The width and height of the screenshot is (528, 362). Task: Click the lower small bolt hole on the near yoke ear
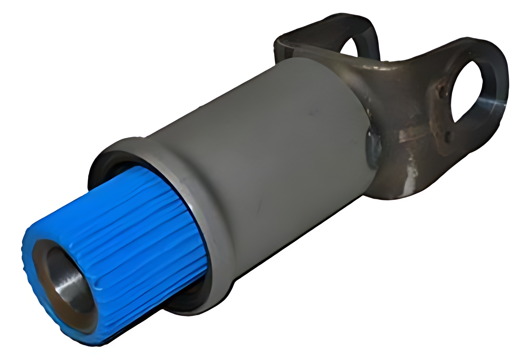[x=448, y=135]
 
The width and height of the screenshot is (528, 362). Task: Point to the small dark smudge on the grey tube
[x=312, y=113]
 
